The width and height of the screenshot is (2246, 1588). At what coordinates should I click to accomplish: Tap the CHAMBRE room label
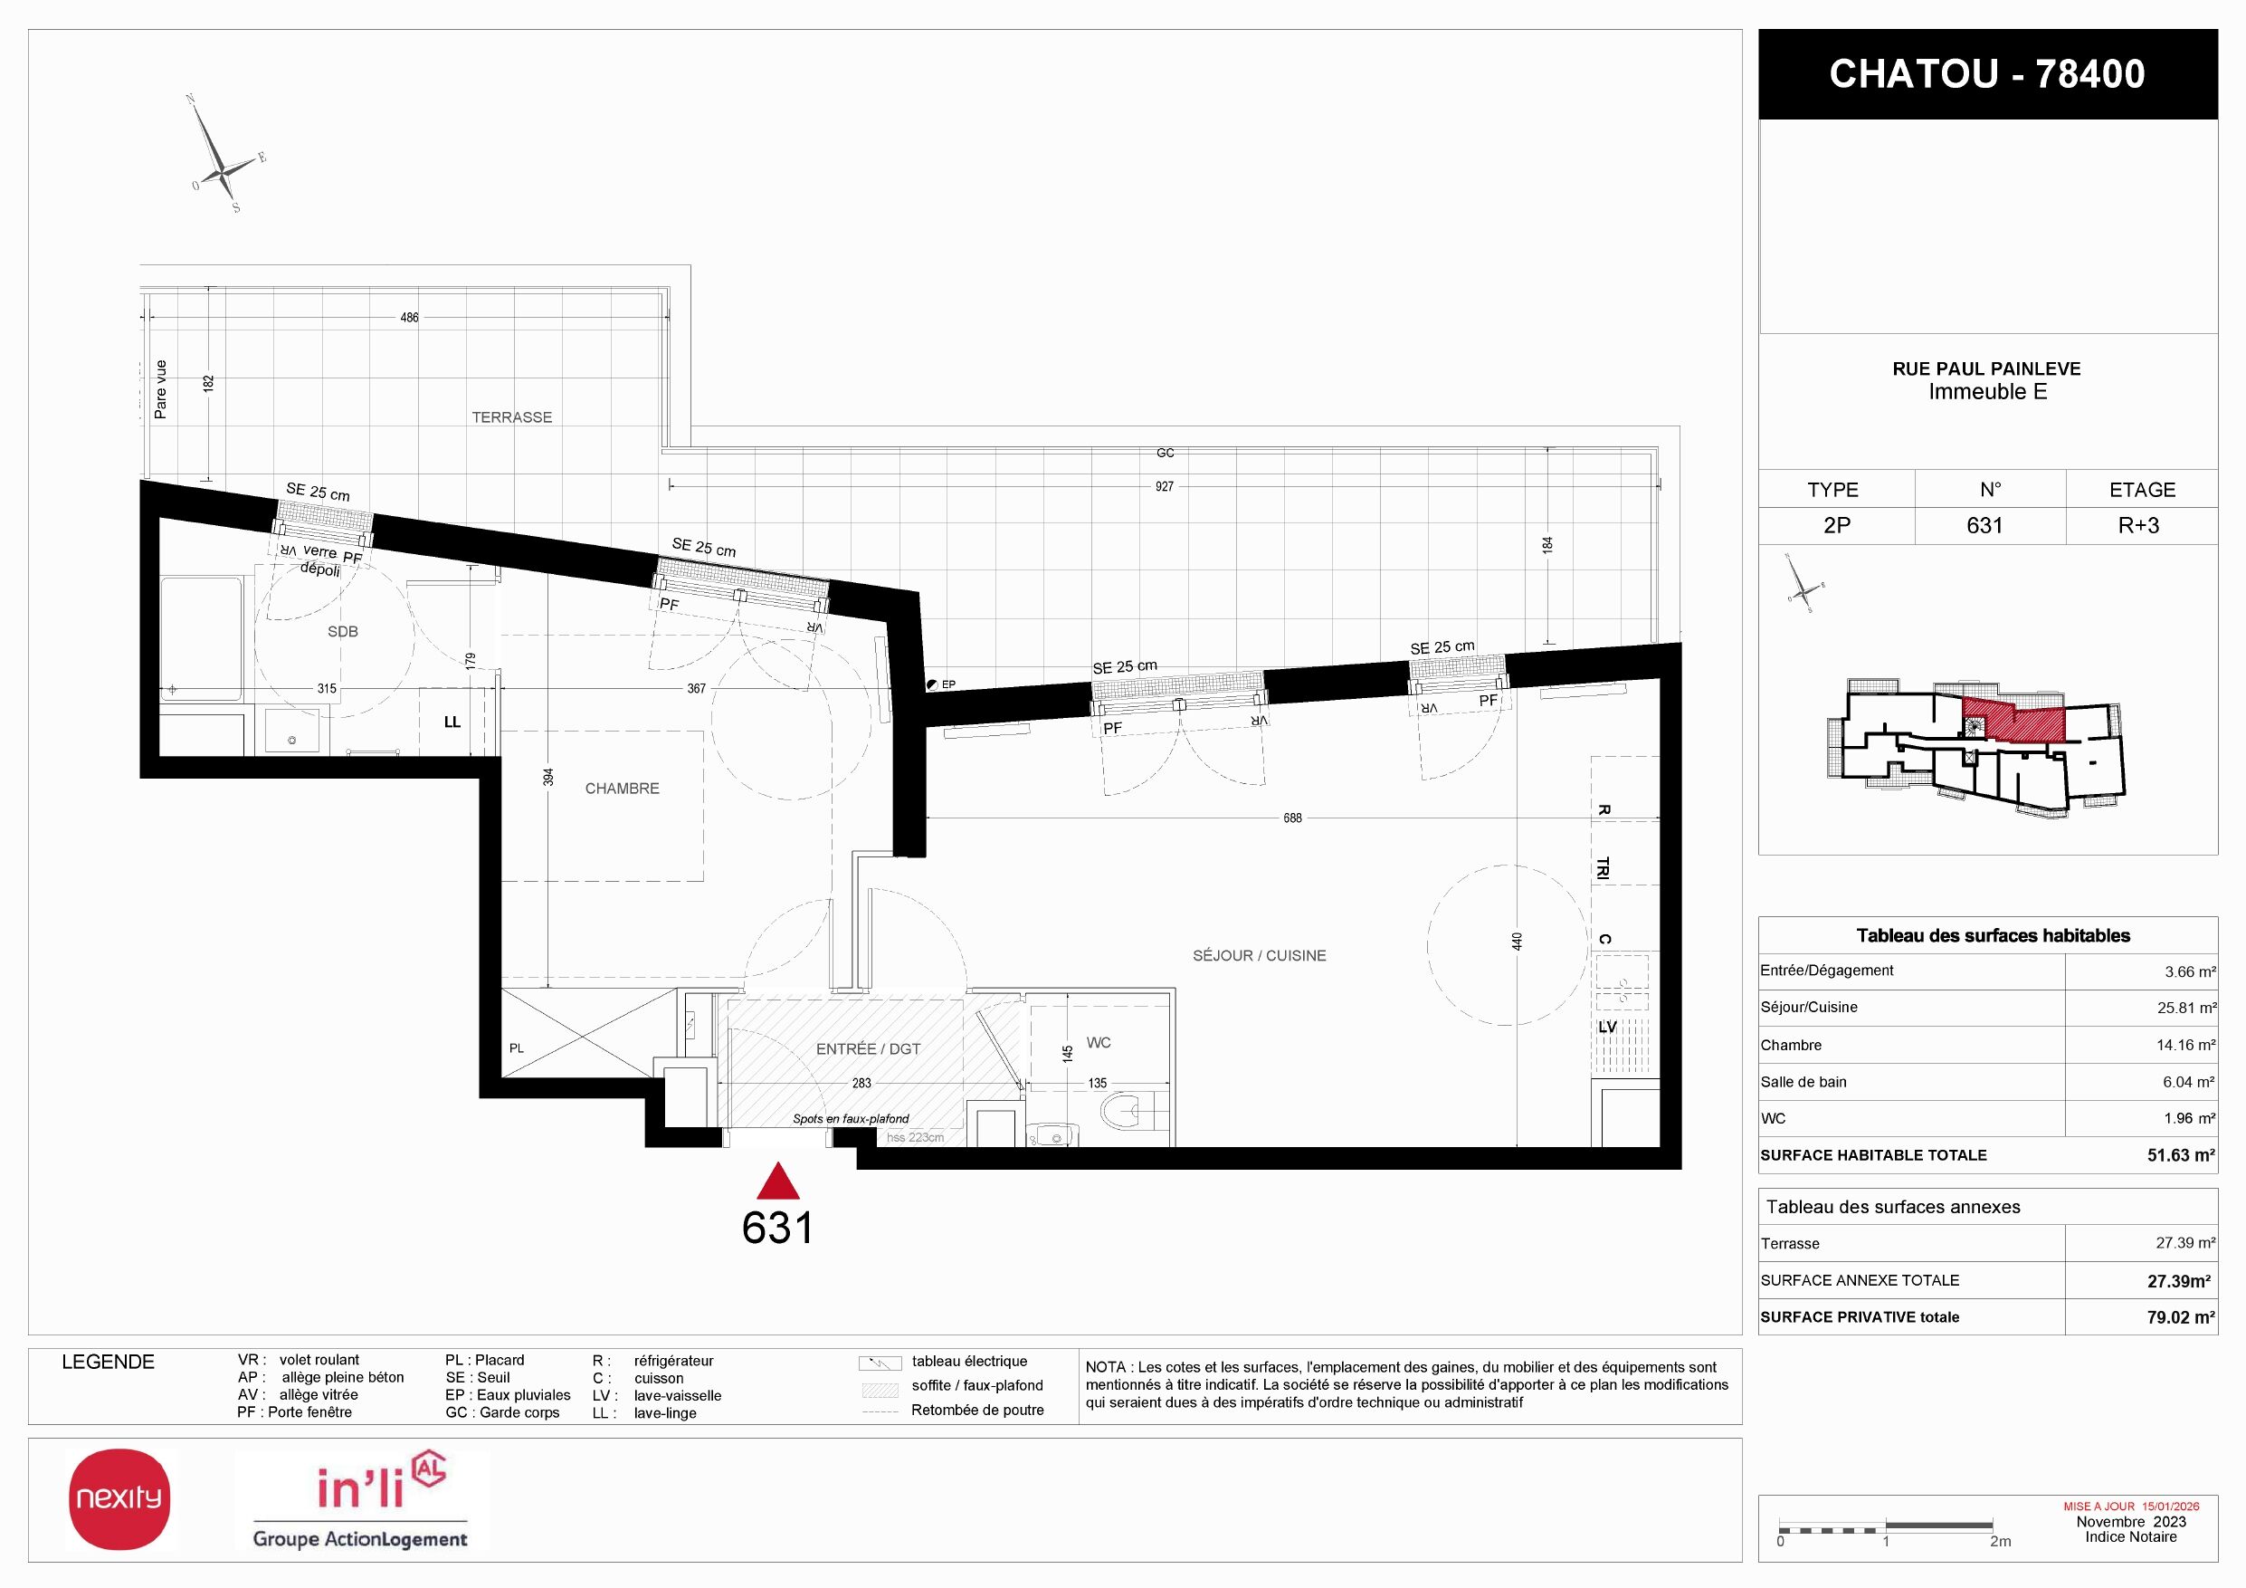tap(623, 789)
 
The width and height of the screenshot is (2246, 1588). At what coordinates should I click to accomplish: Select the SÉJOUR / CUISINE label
tap(1259, 956)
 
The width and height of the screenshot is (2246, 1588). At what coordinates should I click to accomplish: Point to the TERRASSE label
tap(511, 417)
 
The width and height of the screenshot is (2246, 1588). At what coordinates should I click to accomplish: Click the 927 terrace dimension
tap(1164, 486)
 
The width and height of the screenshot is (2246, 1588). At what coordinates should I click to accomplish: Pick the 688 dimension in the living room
tap(1292, 818)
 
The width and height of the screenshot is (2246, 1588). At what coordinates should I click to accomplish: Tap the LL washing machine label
tap(452, 722)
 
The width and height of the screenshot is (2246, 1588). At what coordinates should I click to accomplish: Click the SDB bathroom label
tap(342, 632)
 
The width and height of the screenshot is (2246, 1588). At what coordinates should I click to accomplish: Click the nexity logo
tap(119, 1499)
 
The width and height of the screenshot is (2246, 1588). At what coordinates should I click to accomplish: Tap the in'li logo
tap(361, 1500)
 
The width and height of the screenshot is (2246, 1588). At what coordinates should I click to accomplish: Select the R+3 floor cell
tap(2138, 525)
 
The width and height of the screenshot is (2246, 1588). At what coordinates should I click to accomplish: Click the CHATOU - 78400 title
tap(1987, 74)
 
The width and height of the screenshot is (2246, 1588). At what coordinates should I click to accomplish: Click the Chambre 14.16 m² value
tap(2185, 1045)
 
